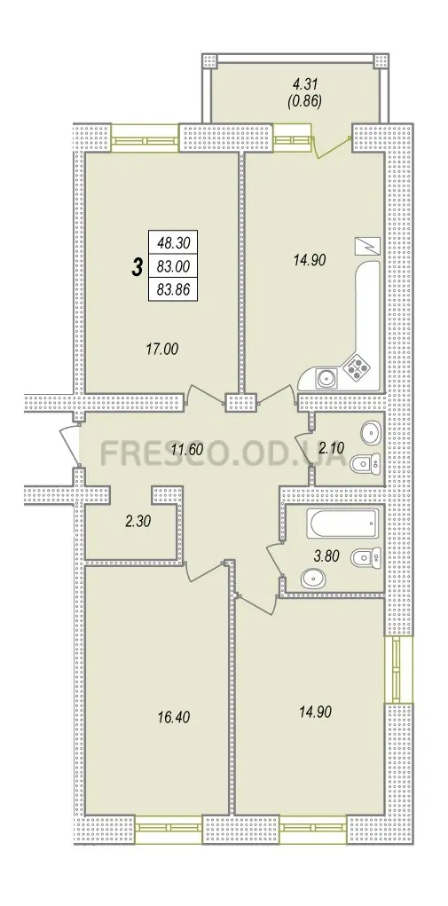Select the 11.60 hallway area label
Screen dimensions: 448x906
click(189, 448)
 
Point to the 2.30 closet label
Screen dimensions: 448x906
click(138, 521)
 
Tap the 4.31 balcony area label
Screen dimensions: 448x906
click(303, 90)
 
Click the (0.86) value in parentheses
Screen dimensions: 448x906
click(303, 104)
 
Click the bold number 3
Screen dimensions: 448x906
click(138, 267)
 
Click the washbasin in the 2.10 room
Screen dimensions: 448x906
click(370, 430)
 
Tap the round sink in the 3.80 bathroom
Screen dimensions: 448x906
click(312, 578)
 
